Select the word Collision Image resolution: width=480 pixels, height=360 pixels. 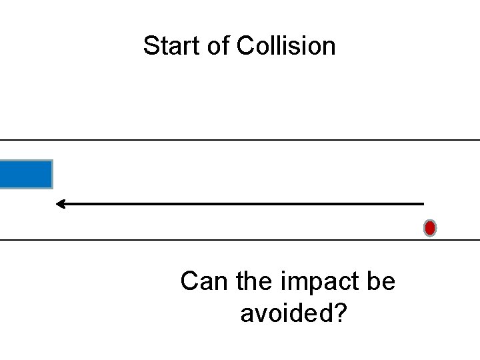point(286,46)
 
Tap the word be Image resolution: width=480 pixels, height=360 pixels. point(381,281)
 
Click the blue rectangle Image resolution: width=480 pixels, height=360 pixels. point(25,174)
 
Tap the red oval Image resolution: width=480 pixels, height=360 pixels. point(430,228)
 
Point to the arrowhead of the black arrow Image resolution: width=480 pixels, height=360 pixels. point(59,203)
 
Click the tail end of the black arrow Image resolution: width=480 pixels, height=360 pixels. point(422,203)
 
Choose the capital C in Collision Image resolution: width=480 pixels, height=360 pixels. point(245,46)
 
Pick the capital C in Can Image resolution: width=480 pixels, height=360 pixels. point(189,281)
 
